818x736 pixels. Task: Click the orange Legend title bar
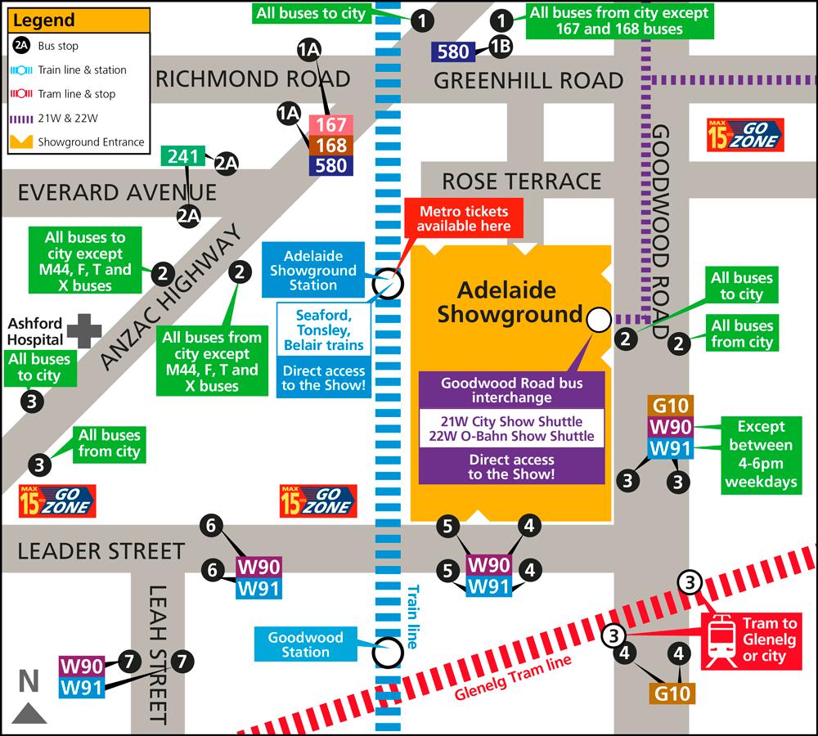click(x=79, y=20)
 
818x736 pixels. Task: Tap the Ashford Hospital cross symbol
click(x=84, y=330)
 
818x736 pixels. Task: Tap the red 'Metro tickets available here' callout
click(x=465, y=218)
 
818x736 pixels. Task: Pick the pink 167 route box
click(x=330, y=125)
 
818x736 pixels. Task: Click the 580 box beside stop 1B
click(x=453, y=52)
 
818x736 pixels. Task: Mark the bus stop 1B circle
click(x=501, y=47)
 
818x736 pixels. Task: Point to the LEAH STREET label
click(x=160, y=654)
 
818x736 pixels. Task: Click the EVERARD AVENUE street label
click(x=117, y=193)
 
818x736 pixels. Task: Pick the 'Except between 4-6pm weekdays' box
click(x=760, y=454)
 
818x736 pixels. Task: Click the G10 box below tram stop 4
click(x=672, y=693)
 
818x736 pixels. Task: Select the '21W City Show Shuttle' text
click(x=511, y=422)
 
